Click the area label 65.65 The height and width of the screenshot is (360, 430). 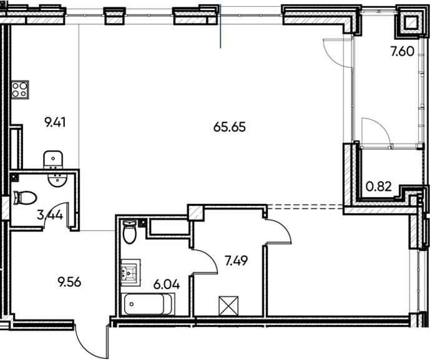tap(230, 127)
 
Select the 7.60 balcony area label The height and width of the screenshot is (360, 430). tap(401, 52)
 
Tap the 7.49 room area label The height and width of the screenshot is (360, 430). tap(237, 260)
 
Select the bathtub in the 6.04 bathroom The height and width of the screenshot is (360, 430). tap(149, 305)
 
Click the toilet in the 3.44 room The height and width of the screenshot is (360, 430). tap(25, 197)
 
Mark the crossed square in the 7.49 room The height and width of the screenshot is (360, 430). tap(228, 306)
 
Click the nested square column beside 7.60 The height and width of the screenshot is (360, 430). tap(410, 24)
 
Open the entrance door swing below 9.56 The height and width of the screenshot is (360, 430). tap(87, 340)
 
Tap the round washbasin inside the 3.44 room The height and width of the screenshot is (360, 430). tap(58, 180)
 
